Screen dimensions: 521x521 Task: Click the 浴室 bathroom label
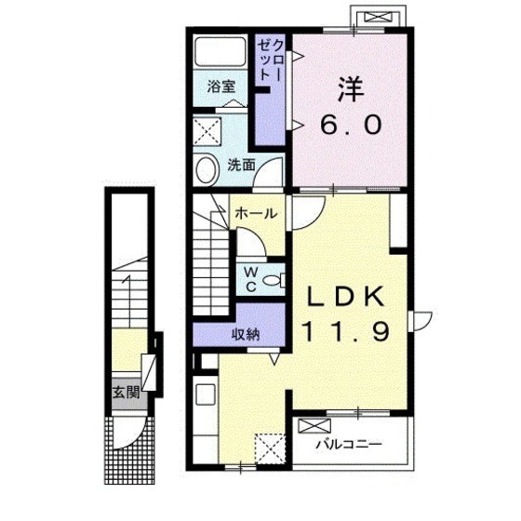point(221,87)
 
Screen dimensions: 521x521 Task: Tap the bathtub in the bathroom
point(220,51)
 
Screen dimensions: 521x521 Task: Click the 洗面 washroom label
point(241,166)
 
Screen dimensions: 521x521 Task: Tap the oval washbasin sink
point(207,169)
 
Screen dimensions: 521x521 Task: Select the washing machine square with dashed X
point(207,131)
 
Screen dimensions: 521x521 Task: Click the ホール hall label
point(256,213)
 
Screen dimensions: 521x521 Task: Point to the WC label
point(251,279)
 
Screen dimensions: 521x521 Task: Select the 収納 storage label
point(246,335)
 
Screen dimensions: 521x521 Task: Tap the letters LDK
point(345,296)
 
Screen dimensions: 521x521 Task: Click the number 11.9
point(345,331)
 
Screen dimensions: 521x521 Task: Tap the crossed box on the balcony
point(314,426)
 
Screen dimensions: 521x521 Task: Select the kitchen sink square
point(206,394)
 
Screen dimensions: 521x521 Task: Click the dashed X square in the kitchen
point(270,448)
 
